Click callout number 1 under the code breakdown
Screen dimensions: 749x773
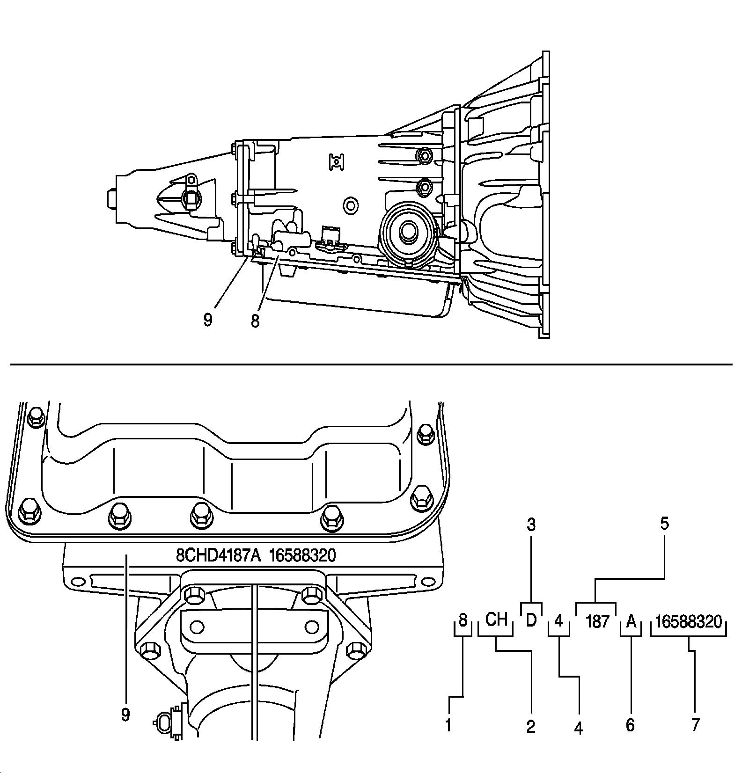click(x=448, y=726)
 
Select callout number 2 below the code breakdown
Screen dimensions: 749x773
click(x=530, y=727)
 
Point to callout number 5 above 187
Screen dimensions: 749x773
click(x=664, y=524)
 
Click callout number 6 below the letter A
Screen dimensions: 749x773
click(x=630, y=725)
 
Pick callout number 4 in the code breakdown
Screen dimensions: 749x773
click(x=579, y=728)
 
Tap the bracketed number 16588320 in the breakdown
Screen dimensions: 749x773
click(x=689, y=621)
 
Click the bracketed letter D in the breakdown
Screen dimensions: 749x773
click(x=531, y=620)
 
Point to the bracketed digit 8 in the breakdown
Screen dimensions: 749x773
click(x=463, y=620)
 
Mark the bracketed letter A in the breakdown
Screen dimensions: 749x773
click(x=631, y=622)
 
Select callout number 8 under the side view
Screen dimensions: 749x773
click(x=255, y=321)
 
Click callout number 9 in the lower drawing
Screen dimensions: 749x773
click(x=125, y=715)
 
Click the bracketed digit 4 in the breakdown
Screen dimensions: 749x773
click(x=558, y=621)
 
